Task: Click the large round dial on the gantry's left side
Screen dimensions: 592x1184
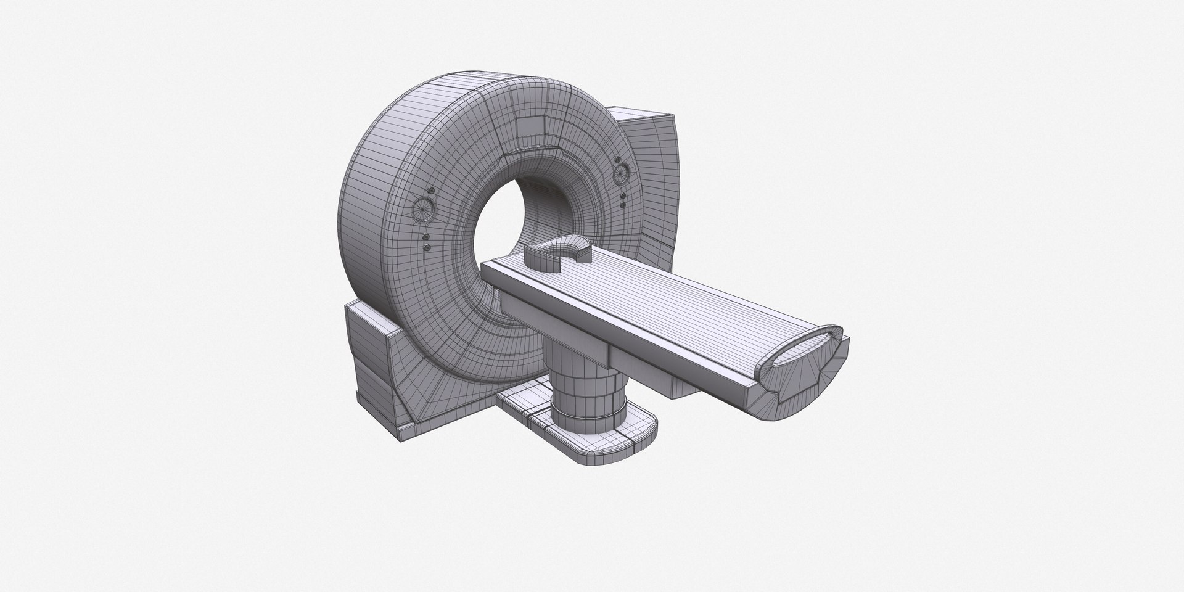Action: pos(423,210)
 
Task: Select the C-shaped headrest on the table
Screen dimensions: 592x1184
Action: pos(558,253)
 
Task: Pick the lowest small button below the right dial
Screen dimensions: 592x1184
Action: pos(624,203)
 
